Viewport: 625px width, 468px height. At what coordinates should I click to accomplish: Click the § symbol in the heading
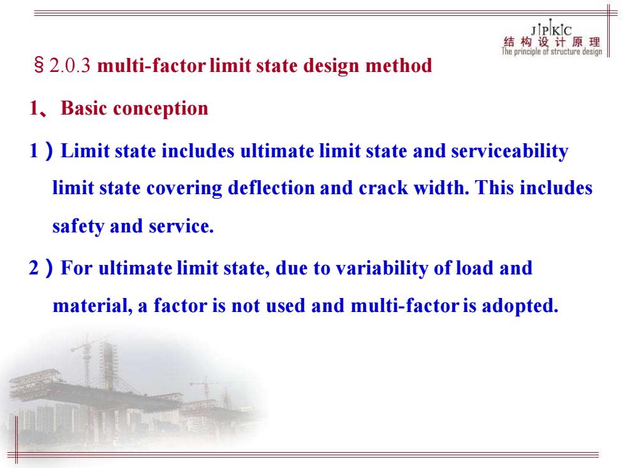point(39,65)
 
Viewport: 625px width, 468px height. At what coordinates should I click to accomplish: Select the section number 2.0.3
point(70,66)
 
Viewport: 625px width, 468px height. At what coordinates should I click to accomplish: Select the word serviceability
point(510,152)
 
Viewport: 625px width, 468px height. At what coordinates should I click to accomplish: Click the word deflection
point(271,188)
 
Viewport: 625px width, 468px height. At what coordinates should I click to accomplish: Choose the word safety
point(78,227)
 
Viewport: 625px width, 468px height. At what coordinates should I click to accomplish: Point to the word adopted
point(520,306)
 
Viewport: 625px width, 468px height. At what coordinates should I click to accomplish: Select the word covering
point(184,188)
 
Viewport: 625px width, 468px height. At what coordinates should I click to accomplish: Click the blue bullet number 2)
point(40,268)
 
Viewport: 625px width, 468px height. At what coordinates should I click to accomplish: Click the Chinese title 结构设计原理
point(552,42)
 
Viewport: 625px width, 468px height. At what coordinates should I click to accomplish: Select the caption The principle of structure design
point(552,52)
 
